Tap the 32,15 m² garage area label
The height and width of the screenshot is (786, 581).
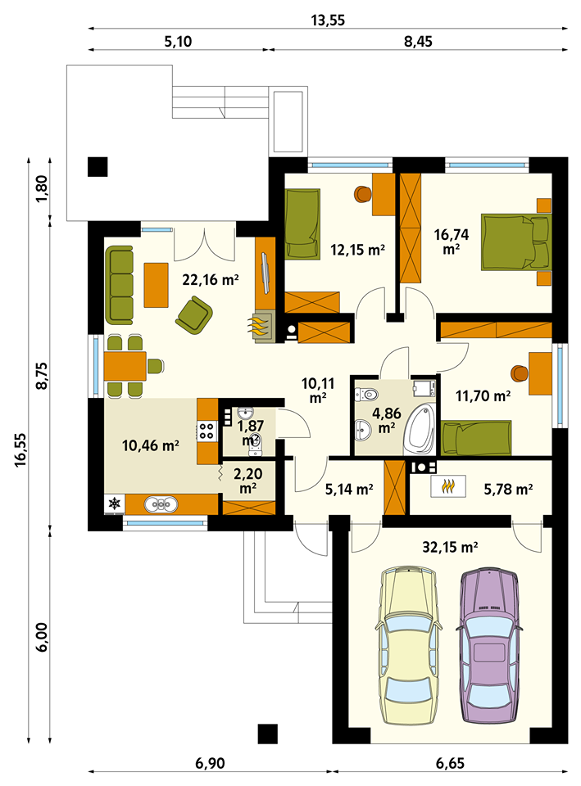pos(450,547)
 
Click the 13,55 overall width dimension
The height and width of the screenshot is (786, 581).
pos(328,20)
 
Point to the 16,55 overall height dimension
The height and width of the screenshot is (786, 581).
pos(20,450)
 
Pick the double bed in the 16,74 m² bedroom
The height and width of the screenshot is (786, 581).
pos(515,242)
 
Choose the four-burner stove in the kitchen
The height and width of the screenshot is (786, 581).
pos(207,431)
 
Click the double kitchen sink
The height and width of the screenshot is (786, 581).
pos(161,504)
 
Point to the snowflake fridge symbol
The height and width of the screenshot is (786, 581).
pos(115,504)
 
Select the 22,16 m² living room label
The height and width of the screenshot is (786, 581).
pos(211,279)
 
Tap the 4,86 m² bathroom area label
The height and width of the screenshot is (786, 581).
pos(386,420)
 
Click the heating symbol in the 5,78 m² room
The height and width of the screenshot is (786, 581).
pos(448,486)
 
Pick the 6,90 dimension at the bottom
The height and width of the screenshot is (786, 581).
pos(210,763)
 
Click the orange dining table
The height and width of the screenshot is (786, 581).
pos(125,366)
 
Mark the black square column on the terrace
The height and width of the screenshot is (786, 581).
pos(98,167)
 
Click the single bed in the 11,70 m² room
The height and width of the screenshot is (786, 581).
pos(476,437)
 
